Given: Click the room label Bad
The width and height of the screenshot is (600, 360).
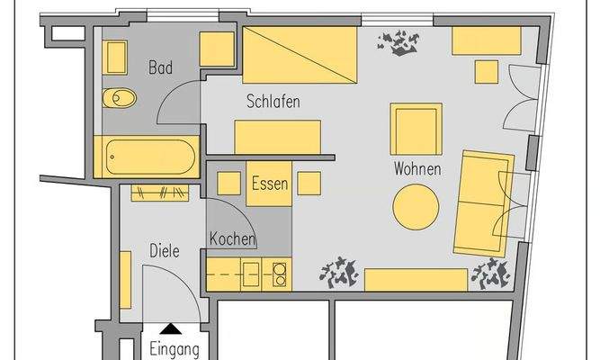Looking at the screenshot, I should coord(160,67).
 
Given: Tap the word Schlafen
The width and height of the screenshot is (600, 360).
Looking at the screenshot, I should coord(273,102).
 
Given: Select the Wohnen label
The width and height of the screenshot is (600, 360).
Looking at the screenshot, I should coord(416,168).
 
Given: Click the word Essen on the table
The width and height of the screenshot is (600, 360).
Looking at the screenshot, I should coord(269,184).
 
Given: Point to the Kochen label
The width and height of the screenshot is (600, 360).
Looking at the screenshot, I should coord(232,239).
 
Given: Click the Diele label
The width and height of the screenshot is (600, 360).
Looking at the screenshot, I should coord(164,252).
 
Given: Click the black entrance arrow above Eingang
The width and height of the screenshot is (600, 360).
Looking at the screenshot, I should coord(169,330).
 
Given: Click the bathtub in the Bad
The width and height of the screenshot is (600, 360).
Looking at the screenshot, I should coord(147,157).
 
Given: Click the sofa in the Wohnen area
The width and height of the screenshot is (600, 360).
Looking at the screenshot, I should coord(482,202).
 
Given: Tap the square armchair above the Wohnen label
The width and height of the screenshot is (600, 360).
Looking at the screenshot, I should coord(416,128).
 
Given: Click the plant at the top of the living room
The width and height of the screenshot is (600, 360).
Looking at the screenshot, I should coord(397,41).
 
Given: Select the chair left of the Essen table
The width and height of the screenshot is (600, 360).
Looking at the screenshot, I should coord(227,184).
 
